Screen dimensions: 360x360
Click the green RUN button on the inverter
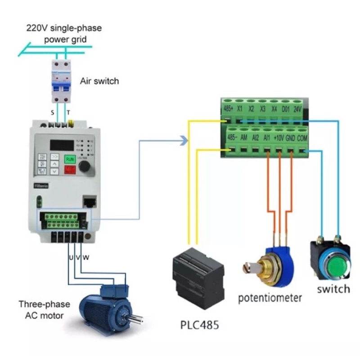pyautogui.click(x=70, y=159)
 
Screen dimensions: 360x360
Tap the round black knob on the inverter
pyautogui.click(x=84, y=167)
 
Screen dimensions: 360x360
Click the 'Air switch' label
pyautogui.click(x=99, y=81)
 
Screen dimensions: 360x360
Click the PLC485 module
pyautogui.click(x=198, y=275)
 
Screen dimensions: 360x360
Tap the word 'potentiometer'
pyautogui.click(x=270, y=298)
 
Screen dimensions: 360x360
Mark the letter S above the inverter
pyautogui.click(x=53, y=112)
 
